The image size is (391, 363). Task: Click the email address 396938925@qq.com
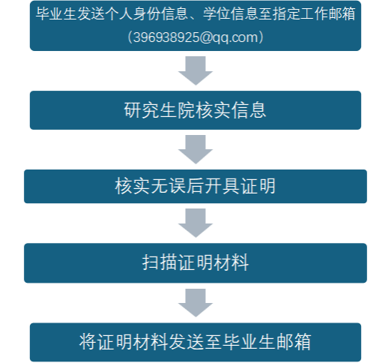coord(195,37)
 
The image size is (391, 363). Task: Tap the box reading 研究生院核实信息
coord(195,110)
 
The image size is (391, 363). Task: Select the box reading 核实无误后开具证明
coord(195,186)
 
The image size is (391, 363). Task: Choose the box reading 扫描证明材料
coord(195,262)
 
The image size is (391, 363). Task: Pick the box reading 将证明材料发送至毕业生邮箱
coord(195,342)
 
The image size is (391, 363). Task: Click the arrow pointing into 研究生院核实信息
coord(195,70)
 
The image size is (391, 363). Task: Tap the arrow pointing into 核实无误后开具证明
coord(195,149)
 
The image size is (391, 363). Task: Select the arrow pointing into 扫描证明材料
coord(195,223)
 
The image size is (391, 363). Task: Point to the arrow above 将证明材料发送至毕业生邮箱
coord(195,303)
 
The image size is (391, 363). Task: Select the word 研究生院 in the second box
coord(160,110)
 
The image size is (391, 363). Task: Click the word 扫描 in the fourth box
coord(160,262)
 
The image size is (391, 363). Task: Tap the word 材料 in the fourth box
coord(231,262)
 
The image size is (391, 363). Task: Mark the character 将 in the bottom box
coord(88,342)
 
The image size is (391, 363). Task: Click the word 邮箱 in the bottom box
coord(294,342)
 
